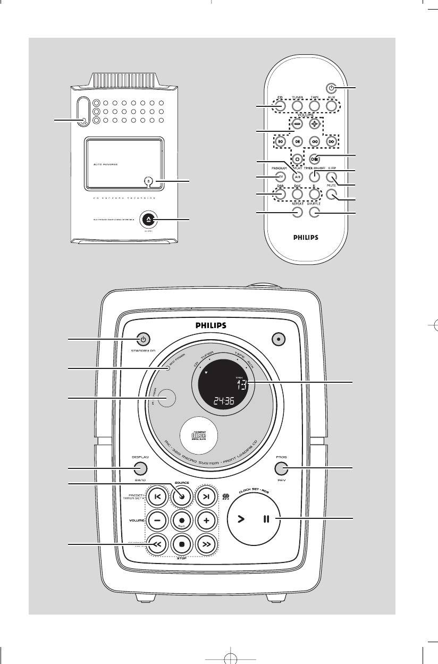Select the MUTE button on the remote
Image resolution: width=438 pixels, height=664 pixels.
332,195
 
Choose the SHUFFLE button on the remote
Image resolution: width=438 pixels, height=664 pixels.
315,212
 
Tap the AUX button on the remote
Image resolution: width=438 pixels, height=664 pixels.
332,106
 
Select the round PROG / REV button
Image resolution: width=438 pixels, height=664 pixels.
281,468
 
